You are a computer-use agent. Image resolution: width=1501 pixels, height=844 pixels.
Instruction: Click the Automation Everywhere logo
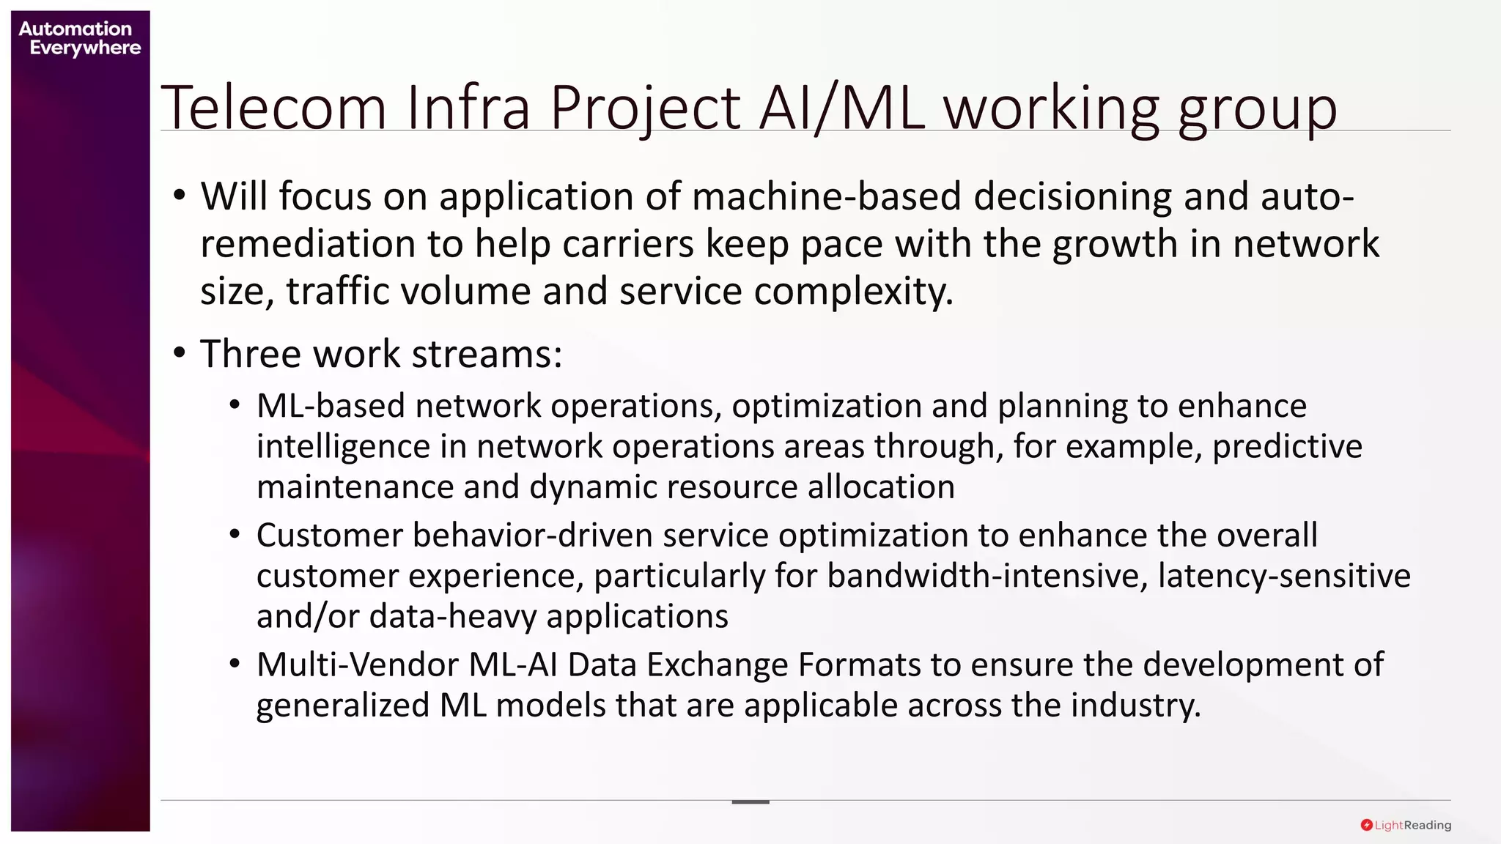pyautogui.click(x=79, y=39)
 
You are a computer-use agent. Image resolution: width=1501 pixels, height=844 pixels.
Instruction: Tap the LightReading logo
pyautogui.click(x=1406, y=825)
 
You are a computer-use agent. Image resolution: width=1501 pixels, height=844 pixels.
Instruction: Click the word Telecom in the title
pyautogui.click(x=273, y=108)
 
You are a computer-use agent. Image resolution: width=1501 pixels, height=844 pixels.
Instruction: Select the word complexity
pyautogui.click(x=853, y=292)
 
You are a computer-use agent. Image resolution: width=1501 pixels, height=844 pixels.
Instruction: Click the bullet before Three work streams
pyautogui.click(x=180, y=354)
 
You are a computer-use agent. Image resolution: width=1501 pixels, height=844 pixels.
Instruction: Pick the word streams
pyautogui.click(x=487, y=354)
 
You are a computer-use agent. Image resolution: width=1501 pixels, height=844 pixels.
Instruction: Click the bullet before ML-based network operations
pyautogui.click(x=235, y=406)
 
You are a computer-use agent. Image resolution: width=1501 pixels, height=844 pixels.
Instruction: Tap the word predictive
pyautogui.click(x=1287, y=446)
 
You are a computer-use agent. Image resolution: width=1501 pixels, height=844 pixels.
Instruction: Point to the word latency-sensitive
pyautogui.click(x=1284, y=576)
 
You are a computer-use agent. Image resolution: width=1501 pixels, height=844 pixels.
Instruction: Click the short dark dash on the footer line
pyautogui.click(x=750, y=802)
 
